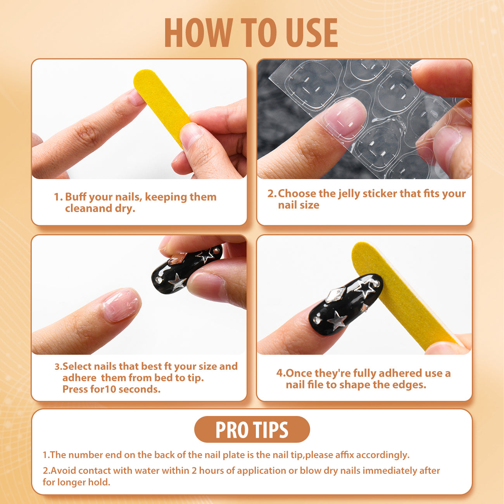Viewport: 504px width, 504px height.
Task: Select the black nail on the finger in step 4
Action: (x=345, y=304)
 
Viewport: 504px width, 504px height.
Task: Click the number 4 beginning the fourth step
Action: (x=280, y=373)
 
